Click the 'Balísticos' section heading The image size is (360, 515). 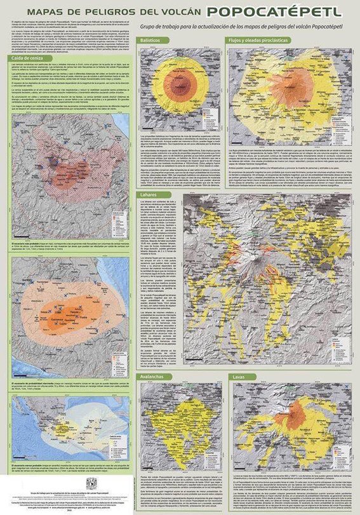[149, 39]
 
